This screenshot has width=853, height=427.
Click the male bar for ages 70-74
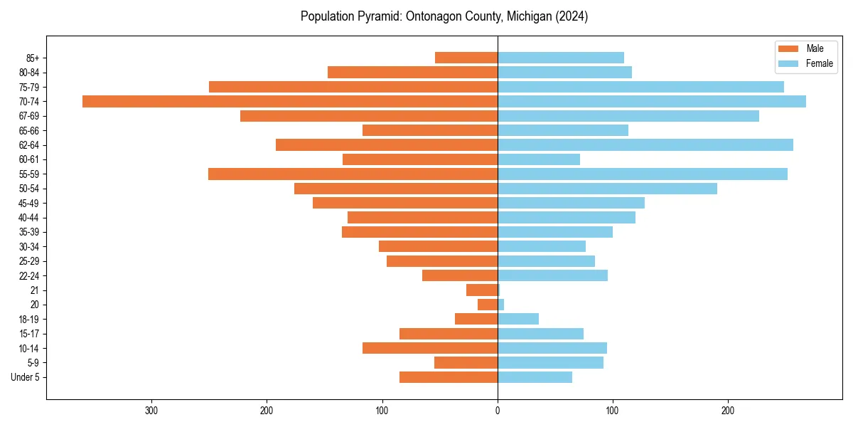pos(290,102)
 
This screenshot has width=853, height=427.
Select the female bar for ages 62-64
pos(645,145)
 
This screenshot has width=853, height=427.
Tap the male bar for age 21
pos(482,290)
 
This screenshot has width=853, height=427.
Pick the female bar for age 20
pos(501,305)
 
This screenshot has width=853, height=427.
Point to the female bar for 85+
pos(561,58)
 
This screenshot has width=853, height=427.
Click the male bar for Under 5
pos(449,377)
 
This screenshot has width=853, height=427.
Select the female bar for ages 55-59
pos(643,174)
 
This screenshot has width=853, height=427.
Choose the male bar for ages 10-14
pos(430,348)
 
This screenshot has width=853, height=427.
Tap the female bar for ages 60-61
pos(539,159)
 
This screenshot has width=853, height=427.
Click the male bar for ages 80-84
pos(412,73)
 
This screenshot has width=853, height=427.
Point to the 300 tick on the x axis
pos(151,411)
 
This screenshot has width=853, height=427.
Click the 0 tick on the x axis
pos(498,411)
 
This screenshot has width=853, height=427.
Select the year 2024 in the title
pos(573,16)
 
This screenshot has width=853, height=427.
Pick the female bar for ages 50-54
pos(607,189)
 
